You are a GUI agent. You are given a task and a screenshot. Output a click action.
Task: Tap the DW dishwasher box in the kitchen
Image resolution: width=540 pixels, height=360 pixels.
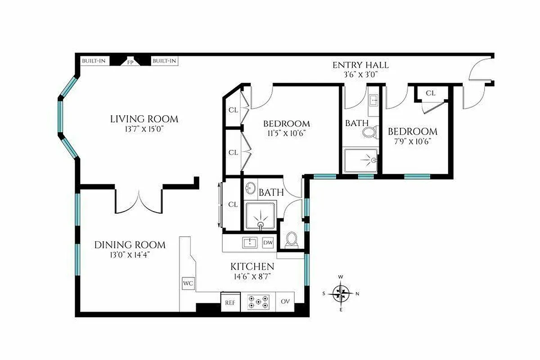click(268, 243)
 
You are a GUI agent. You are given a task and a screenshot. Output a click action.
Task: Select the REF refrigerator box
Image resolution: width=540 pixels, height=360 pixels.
click(230, 302)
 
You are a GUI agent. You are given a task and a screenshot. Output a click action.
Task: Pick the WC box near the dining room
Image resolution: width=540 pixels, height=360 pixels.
click(188, 284)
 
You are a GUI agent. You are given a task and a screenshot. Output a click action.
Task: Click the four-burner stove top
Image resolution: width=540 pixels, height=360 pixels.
click(260, 301)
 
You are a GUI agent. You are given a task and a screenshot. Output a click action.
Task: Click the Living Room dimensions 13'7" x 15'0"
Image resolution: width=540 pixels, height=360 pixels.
click(144, 129)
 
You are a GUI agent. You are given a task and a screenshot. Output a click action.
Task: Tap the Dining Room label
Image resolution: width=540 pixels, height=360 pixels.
click(130, 245)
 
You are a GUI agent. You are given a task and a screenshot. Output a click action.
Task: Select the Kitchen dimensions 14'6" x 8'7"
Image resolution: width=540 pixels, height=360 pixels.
click(252, 275)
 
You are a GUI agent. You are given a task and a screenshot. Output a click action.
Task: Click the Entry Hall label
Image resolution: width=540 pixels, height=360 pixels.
click(360, 65)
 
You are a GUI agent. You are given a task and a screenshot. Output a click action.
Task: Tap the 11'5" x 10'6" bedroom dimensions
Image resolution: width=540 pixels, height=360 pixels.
click(286, 133)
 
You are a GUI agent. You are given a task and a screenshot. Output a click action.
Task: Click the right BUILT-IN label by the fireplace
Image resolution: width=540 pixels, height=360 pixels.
click(164, 61)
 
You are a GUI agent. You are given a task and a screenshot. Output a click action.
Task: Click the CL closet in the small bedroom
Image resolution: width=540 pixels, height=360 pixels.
click(430, 93)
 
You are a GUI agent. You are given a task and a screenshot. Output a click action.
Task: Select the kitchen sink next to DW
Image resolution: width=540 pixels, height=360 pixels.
click(250, 243)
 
